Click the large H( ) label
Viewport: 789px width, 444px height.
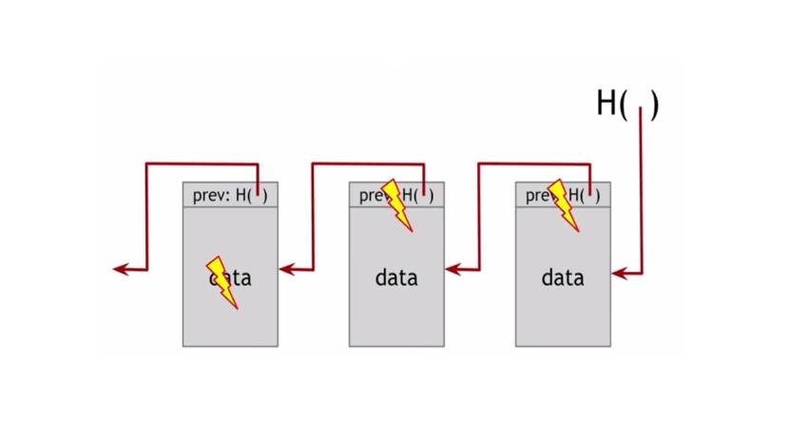[x=626, y=103]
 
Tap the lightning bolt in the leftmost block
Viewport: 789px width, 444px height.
[x=223, y=280]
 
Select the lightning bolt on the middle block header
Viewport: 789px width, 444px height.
[x=397, y=204]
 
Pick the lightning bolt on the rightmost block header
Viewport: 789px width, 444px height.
[x=564, y=204]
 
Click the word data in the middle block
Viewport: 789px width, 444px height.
[x=396, y=279]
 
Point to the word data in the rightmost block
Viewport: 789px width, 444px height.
[x=563, y=279]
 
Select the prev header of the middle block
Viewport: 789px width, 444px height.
[x=371, y=196]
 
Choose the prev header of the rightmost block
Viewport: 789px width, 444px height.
[x=537, y=196]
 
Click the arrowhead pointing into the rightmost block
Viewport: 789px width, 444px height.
[x=619, y=274]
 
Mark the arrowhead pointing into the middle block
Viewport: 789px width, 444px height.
[x=452, y=270]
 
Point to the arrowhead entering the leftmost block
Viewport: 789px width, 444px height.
[x=286, y=270]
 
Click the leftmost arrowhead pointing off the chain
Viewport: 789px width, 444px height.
[x=120, y=270]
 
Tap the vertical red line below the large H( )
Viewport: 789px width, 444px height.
[x=643, y=190]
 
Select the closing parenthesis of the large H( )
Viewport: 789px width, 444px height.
[x=653, y=104]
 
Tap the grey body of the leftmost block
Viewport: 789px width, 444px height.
[x=230, y=323]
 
